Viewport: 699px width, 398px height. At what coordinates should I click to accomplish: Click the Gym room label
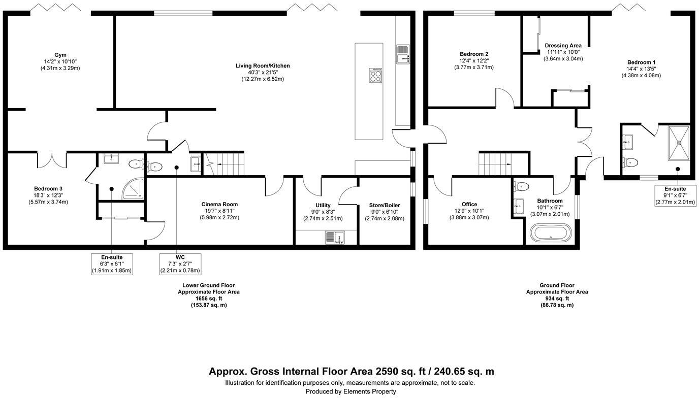coord(60,55)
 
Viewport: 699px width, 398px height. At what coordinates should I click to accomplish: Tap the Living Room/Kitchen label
coord(262,66)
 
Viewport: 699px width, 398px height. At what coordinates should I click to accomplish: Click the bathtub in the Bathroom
coord(551,234)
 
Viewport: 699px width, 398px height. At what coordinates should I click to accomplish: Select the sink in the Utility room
coord(335,237)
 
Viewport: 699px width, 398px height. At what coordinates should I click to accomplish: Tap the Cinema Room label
coord(219,205)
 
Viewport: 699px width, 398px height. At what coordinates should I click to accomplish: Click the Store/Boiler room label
coord(384,206)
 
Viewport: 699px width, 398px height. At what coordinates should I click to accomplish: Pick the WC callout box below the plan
coord(180,264)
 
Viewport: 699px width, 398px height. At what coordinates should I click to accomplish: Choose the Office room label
coord(469,205)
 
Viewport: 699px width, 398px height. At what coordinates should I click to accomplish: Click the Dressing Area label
coord(563,46)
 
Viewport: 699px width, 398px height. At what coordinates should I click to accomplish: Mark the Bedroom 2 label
coord(473,54)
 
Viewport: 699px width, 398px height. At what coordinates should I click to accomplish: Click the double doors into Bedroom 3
coord(52,159)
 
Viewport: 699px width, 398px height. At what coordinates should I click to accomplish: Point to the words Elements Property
coord(370,391)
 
